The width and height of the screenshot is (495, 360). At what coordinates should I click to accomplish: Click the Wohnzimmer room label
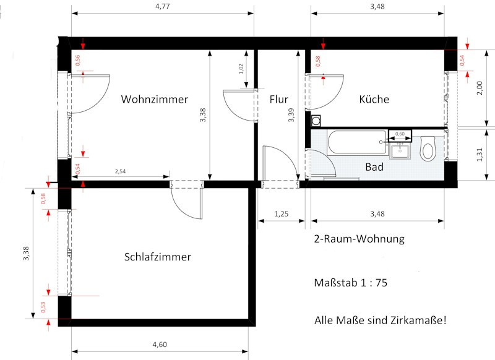[x=154, y=100]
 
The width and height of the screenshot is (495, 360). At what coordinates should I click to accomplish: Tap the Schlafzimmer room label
[x=158, y=257]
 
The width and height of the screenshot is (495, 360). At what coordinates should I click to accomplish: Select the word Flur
[x=279, y=100]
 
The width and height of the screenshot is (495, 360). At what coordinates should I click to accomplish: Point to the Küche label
[x=374, y=99]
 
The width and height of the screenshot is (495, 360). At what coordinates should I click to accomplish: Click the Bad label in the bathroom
[x=374, y=167]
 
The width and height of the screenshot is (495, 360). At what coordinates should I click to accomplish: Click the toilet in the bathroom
[x=428, y=148]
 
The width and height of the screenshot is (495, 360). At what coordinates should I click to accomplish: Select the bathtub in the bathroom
[x=357, y=142]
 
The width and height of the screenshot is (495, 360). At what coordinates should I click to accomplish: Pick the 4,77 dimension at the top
[x=163, y=6]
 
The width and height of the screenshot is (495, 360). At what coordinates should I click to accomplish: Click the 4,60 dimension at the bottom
[x=160, y=345]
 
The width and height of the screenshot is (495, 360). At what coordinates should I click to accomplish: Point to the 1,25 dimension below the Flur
[x=282, y=214]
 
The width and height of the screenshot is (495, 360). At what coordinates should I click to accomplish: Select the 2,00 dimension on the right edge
[x=480, y=88]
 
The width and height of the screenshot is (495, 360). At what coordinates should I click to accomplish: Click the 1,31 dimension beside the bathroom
[x=480, y=155]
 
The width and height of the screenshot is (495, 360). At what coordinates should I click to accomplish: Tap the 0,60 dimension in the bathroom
[x=400, y=134]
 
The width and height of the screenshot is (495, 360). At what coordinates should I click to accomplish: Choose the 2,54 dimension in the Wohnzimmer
[x=120, y=171]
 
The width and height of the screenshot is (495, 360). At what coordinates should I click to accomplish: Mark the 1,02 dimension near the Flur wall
[x=241, y=69]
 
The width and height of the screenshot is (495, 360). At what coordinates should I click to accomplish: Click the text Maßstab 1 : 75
[x=350, y=283]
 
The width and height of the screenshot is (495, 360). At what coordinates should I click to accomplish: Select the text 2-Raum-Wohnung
[x=359, y=239]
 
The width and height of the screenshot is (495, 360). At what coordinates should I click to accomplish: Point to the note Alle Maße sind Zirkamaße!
[x=381, y=320]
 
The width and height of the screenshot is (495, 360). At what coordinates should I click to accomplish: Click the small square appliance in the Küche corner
[x=316, y=121]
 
